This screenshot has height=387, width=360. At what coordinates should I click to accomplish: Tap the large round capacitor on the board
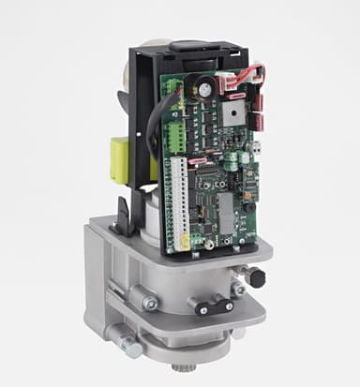click(x=202, y=91)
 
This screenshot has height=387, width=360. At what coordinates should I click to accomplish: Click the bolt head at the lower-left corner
click(x=130, y=349)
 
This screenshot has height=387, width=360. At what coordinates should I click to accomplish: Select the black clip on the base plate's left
click(x=119, y=223)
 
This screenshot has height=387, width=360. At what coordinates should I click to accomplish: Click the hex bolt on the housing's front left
click(x=148, y=303)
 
